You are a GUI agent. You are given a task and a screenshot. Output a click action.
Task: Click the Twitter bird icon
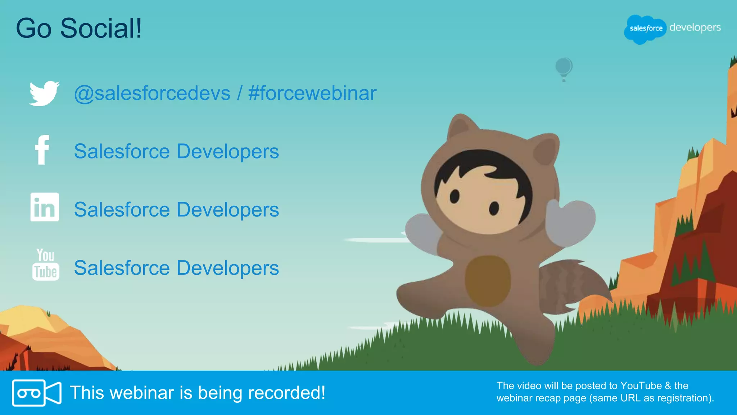[44, 93]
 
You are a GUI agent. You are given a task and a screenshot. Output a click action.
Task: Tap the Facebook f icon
[42, 150]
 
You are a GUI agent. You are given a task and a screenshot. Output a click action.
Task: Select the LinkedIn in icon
[45, 207]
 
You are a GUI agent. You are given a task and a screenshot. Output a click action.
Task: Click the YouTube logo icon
[46, 265]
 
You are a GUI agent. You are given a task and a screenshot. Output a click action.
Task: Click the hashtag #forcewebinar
[312, 93]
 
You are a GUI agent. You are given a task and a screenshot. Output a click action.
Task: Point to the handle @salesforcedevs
[152, 93]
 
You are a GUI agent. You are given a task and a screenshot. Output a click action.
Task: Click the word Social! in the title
[101, 28]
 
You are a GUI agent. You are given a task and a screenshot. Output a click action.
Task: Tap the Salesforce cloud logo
[646, 29]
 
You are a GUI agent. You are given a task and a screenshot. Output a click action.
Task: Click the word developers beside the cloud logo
[695, 28]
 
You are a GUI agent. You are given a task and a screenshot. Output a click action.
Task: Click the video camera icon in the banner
[36, 393]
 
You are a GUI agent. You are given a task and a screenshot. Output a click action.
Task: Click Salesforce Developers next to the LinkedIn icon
[176, 210]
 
